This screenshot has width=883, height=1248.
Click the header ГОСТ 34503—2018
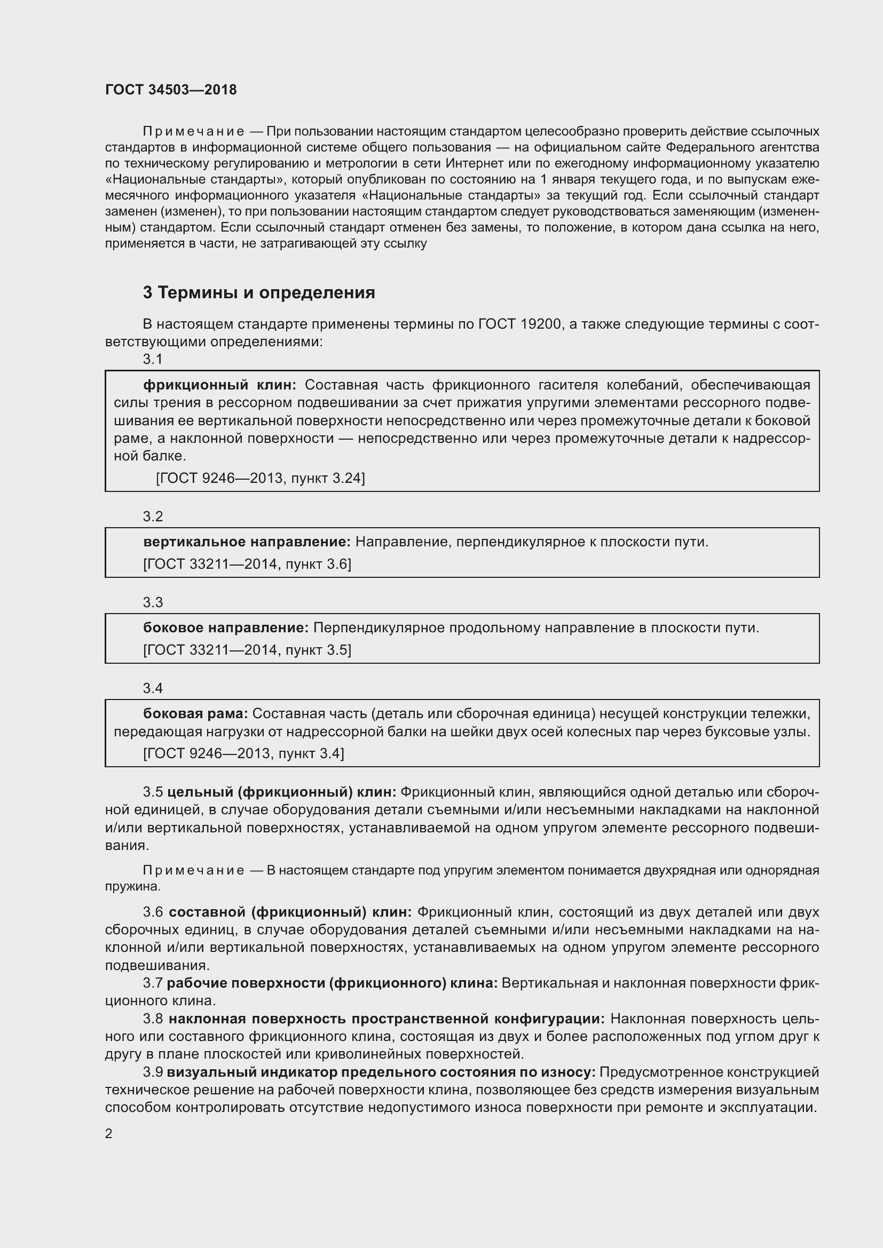[171, 90]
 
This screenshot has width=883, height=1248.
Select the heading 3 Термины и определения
[259, 292]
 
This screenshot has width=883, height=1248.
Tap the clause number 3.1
[153, 359]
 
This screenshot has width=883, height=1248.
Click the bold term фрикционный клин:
[219, 385]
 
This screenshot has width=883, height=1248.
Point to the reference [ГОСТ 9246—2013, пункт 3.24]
[260, 478]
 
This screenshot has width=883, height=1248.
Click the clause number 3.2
[153, 516]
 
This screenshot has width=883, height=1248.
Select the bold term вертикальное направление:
[247, 542]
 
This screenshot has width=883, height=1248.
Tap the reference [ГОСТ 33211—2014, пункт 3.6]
[247, 563]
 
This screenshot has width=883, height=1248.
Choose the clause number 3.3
[153, 602]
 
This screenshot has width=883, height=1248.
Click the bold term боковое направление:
[226, 627]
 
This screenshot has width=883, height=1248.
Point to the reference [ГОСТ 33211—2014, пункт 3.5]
[247, 649]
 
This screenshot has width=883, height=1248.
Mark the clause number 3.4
[153, 688]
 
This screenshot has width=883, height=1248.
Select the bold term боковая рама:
[195, 713]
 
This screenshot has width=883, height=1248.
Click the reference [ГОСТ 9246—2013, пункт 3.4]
[243, 753]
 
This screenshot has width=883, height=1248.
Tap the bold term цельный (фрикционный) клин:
[282, 792]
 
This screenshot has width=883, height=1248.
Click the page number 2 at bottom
[109, 1133]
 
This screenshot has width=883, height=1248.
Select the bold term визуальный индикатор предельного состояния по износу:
[381, 1072]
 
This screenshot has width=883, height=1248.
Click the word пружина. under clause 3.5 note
[133, 886]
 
